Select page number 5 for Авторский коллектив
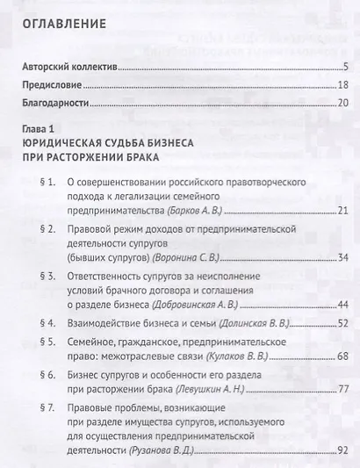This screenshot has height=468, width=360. (347, 67)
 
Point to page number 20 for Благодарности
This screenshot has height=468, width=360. (344, 105)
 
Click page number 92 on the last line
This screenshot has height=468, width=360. (344, 456)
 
